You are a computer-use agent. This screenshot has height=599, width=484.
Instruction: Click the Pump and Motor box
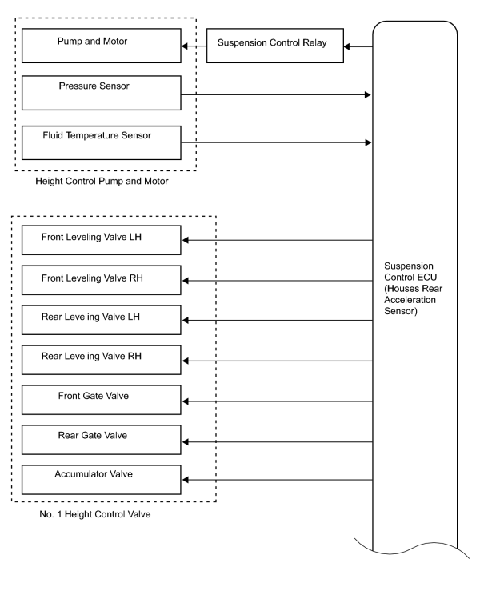(x=102, y=46)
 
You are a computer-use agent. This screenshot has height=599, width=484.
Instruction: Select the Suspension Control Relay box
(x=275, y=46)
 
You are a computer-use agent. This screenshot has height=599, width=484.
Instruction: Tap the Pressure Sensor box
(x=102, y=93)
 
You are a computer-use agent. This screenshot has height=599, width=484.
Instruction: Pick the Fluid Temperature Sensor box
(x=102, y=142)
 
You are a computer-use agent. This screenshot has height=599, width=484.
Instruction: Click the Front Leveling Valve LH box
(x=102, y=240)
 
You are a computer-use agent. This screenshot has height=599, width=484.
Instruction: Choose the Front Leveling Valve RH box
(x=102, y=280)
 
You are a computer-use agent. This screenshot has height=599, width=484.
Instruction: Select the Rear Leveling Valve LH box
(x=102, y=320)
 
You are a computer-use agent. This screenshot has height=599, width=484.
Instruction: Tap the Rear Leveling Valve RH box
(x=102, y=360)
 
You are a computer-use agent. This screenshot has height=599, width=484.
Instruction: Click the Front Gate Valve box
(x=102, y=400)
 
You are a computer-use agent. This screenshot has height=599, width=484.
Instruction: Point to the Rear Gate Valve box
(x=102, y=440)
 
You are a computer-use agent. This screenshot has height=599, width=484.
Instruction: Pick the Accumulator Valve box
(x=102, y=480)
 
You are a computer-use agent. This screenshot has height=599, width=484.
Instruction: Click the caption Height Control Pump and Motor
(x=102, y=181)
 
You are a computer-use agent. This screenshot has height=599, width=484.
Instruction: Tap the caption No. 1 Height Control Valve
(x=94, y=514)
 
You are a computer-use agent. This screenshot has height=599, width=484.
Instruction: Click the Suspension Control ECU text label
(x=413, y=289)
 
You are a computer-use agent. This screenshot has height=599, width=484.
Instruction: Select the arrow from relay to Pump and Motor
(x=194, y=46)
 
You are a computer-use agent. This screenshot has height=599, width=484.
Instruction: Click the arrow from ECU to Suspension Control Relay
(x=358, y=46)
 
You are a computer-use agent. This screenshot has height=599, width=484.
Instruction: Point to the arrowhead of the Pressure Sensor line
(x=368, y=94)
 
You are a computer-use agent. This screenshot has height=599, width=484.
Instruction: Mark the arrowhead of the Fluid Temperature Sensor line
(x=368, y=142)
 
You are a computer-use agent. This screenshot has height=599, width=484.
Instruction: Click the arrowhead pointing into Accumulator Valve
(x=186, y=480)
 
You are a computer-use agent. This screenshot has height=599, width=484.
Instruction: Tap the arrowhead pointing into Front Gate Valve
(x=186, y=401)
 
